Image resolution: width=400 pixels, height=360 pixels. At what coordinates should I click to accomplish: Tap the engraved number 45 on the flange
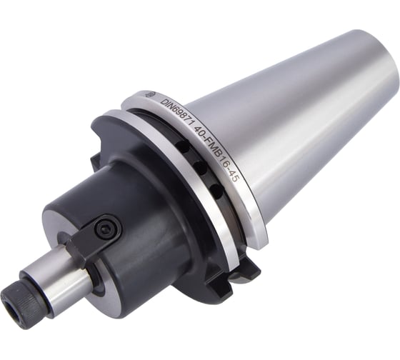coord(232,175)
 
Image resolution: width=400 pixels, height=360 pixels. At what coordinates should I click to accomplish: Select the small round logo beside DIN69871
coord(149,94)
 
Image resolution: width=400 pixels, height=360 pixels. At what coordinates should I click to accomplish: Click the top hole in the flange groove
coord(181,146)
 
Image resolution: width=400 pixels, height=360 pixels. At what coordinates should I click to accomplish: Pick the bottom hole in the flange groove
coord(216,190)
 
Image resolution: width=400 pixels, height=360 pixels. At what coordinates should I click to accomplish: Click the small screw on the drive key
coord(105,227)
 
